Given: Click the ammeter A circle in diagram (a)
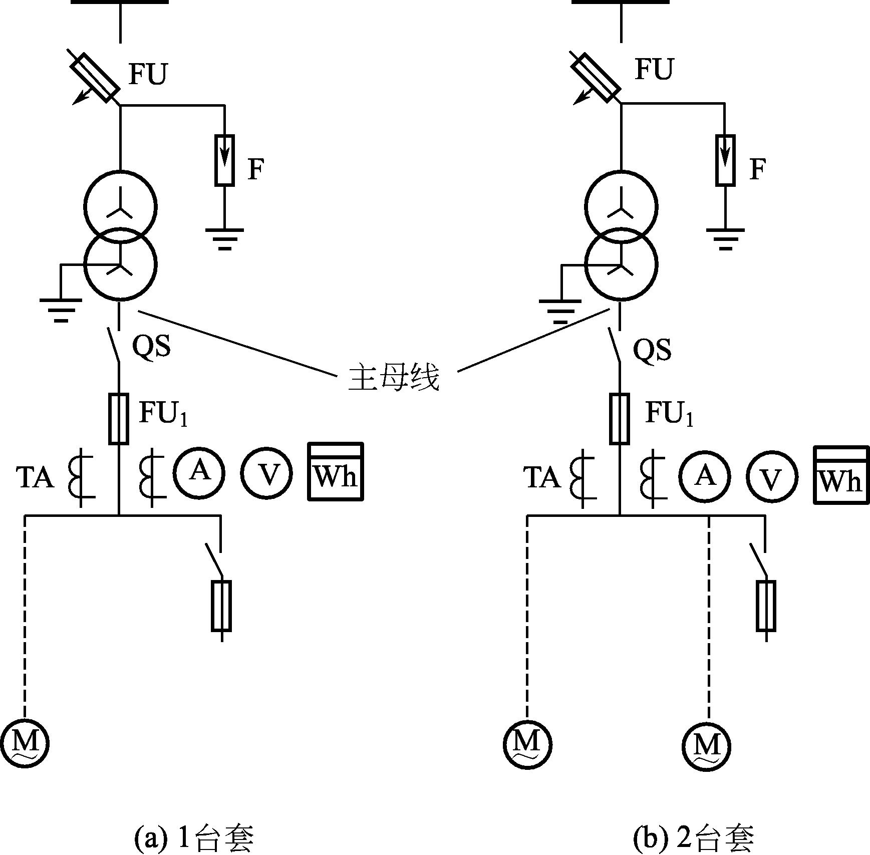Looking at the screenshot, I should [x=199, y=472].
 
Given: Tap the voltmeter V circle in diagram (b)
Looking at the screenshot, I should [x=772, y=476].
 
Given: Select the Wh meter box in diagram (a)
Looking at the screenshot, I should [x=335, y=471].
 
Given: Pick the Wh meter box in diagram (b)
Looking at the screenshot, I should [x=841, y=475].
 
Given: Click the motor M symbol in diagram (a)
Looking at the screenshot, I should [x=24, y=743].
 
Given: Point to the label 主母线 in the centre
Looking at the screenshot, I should [x=394, y=377].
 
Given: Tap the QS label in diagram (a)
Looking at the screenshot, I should [x=151, y=346].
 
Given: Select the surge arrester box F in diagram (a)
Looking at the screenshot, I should [x=224, y=160].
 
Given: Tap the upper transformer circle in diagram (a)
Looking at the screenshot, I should [x=120, y=207].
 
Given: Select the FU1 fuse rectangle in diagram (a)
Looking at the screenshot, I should [x=119, y=419].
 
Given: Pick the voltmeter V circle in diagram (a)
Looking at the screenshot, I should [x=266, y=473].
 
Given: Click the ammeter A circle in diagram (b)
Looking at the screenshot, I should [x=704, y=476].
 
